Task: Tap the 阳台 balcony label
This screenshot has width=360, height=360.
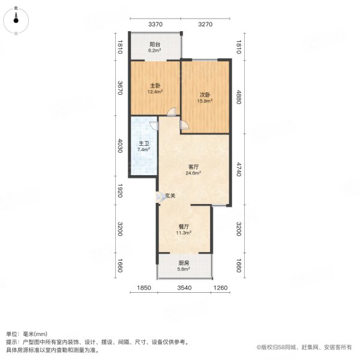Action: point(154,44)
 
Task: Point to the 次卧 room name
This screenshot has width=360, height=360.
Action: point(205,94)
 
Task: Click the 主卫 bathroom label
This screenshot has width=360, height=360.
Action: point(144,144)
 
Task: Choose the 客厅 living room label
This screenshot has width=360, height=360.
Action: point(194,166)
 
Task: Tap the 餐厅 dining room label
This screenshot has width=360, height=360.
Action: point(184,227)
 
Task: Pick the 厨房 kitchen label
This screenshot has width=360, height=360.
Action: point(184,263)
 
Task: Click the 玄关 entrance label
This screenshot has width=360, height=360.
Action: point(170,196)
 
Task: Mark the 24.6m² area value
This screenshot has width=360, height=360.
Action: point(194,173)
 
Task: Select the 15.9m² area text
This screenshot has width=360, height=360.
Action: point(205,101)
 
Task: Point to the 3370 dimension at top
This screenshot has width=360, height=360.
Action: point(155,25)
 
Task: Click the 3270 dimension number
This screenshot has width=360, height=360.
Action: point(205,25)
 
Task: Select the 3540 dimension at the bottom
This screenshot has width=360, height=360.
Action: point(184,289)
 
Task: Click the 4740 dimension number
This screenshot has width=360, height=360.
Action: point(239,170)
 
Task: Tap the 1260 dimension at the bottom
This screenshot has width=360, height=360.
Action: point(221,289)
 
